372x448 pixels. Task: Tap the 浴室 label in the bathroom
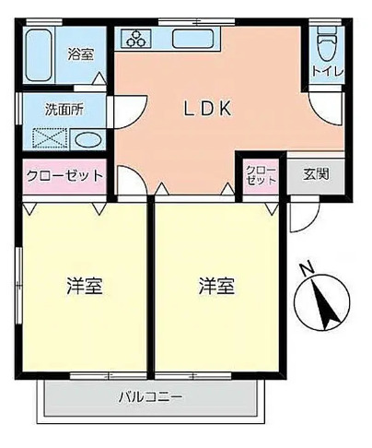(80, 53)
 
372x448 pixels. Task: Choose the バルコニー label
(149, 397)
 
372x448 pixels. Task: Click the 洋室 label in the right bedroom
(216, 286)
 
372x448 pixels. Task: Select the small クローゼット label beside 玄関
(261, 175)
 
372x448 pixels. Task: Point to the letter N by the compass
(306, 268)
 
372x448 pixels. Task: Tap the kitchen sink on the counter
(192, 39)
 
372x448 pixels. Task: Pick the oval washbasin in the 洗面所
(87, 140)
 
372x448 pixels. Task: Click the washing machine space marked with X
(48, 140)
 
